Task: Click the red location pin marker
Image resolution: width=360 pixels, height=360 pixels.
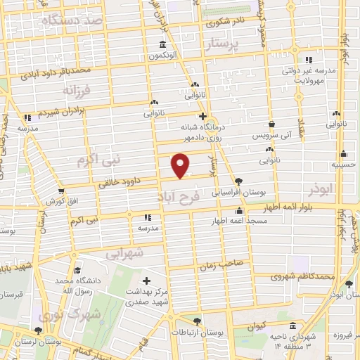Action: pyautogui.click(x=181, y=165)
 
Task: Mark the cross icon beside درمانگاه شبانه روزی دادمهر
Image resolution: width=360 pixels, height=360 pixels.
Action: pyautogui.click(x=202, y=117)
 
